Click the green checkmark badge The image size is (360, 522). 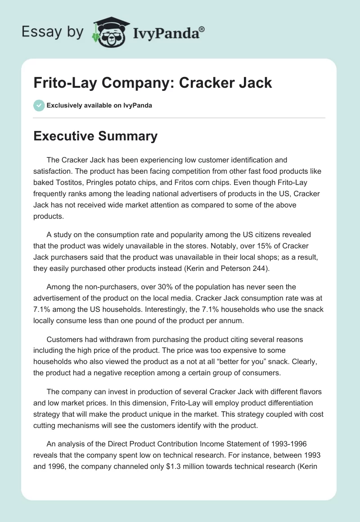click(x=39, y=105)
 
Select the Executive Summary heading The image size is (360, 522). click(x=95, y=136)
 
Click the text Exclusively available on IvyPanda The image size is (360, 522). click(x=99, y=105)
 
